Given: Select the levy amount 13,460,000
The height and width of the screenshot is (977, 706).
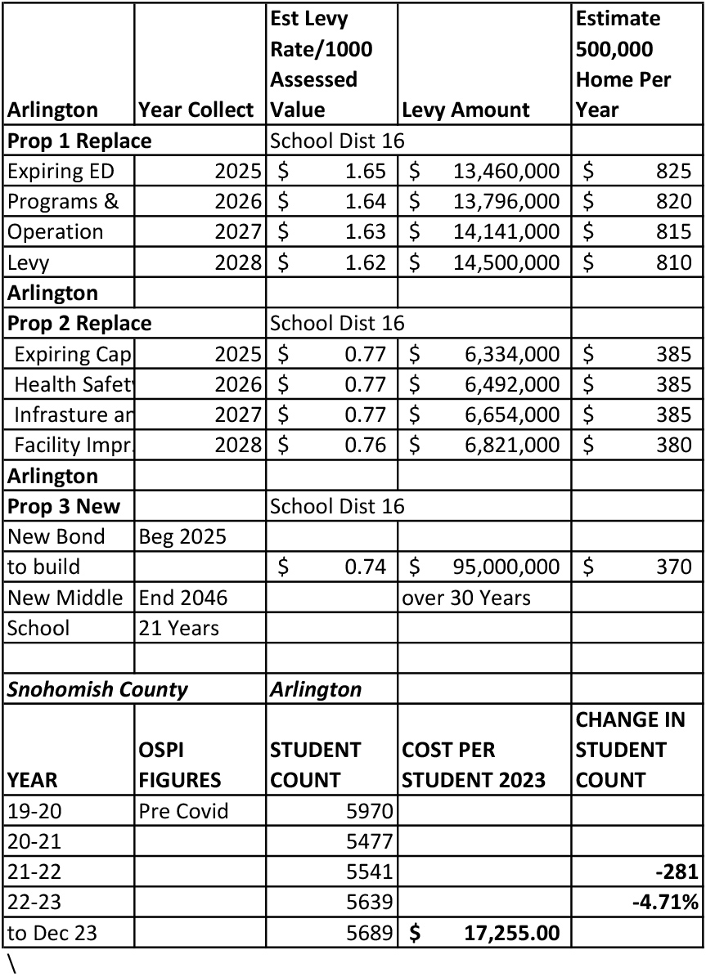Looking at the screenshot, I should tap(506, 171).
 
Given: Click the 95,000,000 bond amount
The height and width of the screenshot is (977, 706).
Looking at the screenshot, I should tap(506, 567).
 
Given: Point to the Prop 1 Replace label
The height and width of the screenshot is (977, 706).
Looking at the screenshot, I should tap(79, 141).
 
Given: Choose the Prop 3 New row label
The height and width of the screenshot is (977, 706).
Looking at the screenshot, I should tap(64, 506).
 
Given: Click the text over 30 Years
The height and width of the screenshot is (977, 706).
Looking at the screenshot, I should tap(465, 598).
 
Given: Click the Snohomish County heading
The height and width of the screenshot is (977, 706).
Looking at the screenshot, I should tap(97, 689).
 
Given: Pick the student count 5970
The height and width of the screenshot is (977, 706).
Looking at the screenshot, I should tap(371, 811).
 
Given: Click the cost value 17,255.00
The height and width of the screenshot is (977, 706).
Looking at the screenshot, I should tap(511, 932).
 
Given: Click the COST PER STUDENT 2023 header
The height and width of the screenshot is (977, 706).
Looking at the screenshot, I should tap(474, 764).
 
